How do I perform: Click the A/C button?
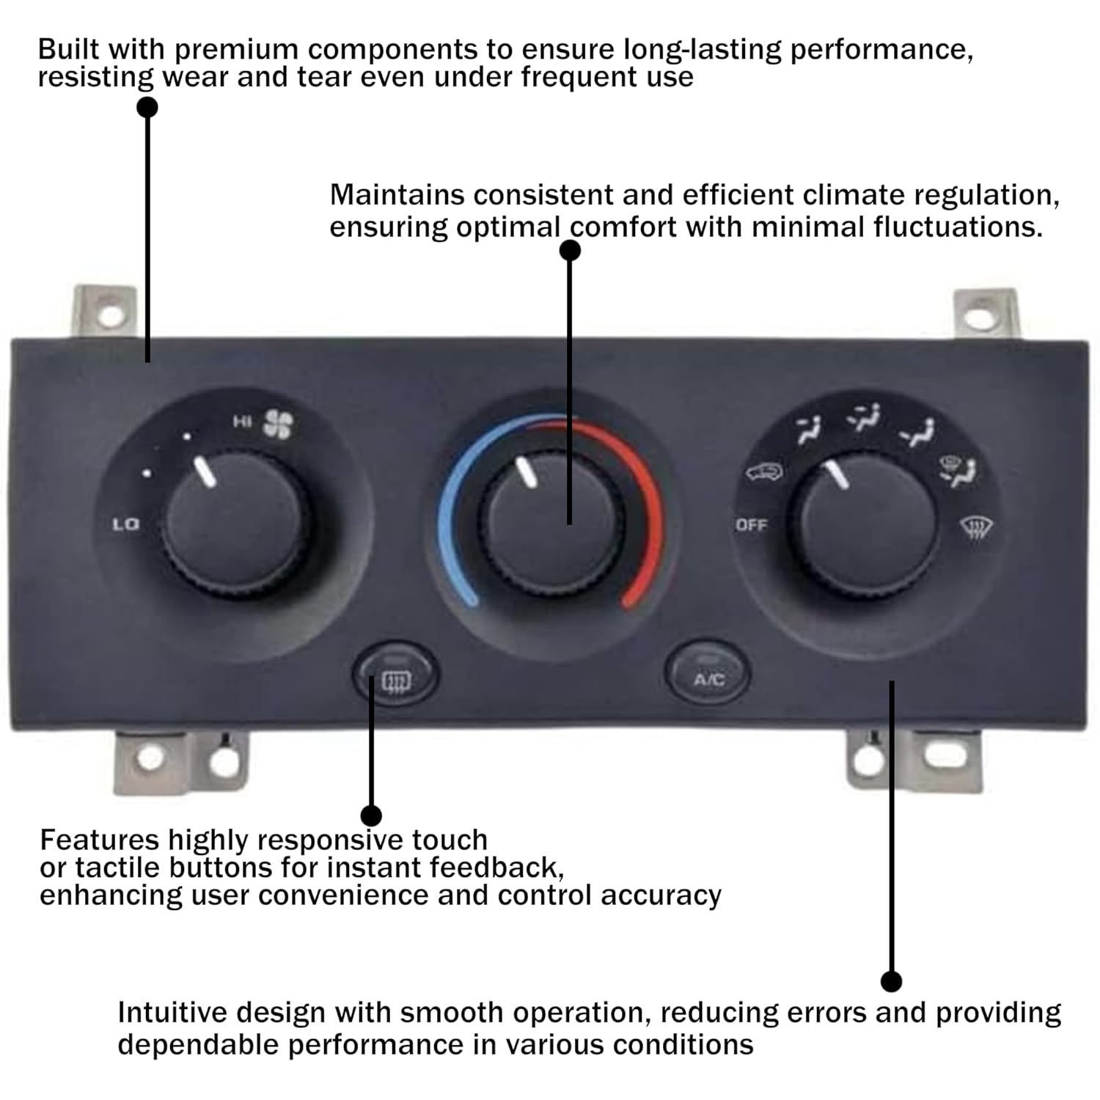pyautogui.click(x=708, y=672)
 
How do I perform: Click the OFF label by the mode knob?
pyautogui.click(x=751, y=525)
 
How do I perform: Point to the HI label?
pyautogui.click(x=243, y=422)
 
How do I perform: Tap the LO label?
pyautogui.click(x=125, y=524)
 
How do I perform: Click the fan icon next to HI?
pyautogui.click(x=279, y=424)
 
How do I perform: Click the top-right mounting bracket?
pyautogui.click(x=984, y=314)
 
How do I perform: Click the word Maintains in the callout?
pyautogui.click(x=397, y=195)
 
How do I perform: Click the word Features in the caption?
pyautogui.click(x=100, y=839)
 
